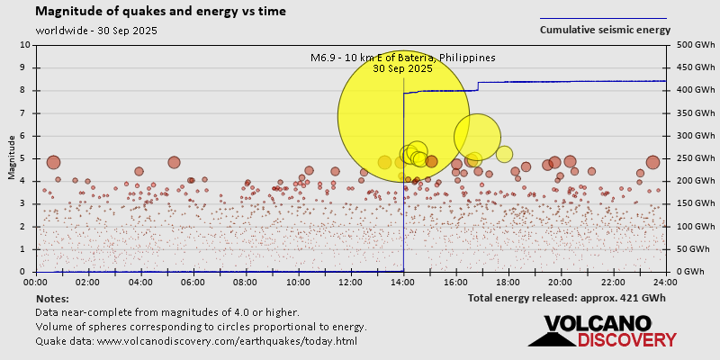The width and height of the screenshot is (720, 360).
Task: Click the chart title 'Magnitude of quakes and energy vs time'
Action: coord(161,12)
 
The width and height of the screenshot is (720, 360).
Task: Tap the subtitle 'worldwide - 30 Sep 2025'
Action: coord(97,30)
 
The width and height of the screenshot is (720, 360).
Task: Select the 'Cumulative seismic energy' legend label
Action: coord(605,30)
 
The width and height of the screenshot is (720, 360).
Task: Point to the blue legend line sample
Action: coord(603,18)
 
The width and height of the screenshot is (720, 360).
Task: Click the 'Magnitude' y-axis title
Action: coord(12,158)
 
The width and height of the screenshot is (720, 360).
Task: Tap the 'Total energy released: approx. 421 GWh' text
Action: coord(566,298)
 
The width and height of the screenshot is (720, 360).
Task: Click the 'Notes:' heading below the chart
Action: coord(52,298)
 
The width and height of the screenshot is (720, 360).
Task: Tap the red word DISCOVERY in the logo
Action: coord(626,340)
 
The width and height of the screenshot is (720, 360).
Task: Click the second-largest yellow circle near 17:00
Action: coord(477,137)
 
